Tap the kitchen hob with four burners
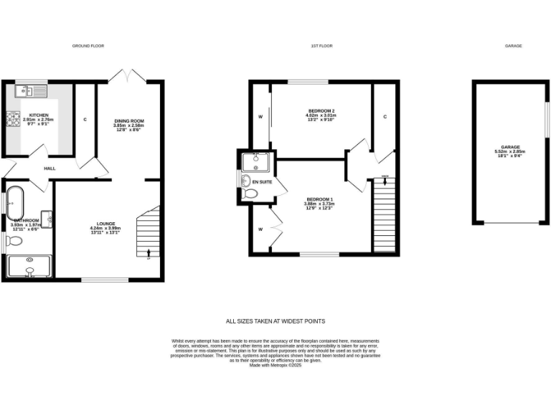tap(14, 120)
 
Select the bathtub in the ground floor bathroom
tap(14, 203)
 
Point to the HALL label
tap(50, 168)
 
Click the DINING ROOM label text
tap(130, 120)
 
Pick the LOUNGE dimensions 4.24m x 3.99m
tap(105, 228)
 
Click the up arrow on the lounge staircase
tap(149, 251)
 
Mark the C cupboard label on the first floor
tap(385, 116)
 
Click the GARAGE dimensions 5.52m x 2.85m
tap(510, 152)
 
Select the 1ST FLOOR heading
tap(321, 46)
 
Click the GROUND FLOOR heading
tap(88, 46)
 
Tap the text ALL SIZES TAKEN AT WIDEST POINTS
tap(275, 321)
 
